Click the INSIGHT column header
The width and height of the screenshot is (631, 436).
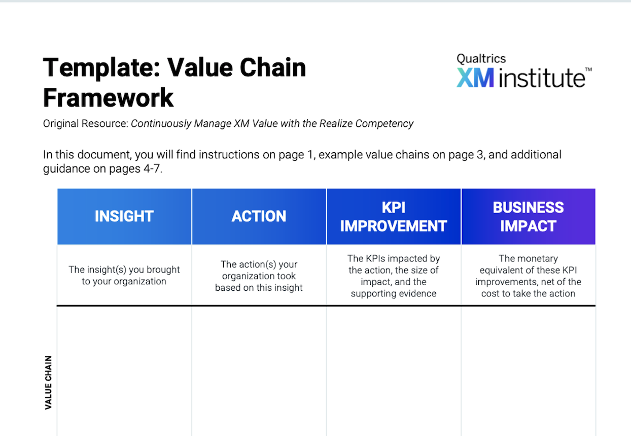[x=124, y=216]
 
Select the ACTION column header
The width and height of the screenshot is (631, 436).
[x=259, y=216]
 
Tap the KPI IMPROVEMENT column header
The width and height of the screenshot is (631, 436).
[x=394, y=216]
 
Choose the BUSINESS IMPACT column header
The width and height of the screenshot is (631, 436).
[x=529, y=216]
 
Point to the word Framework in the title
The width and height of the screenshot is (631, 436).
[x=108, y=97]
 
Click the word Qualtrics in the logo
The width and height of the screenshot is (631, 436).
[x=481, y=58]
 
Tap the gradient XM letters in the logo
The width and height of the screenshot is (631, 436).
[x=475, y=78]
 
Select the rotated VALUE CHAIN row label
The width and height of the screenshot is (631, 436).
[x=49, y=382]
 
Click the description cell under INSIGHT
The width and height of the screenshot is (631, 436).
[x=124, y=275]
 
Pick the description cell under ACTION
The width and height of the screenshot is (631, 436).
[x=259, y=275]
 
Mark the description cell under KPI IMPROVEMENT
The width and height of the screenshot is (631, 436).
[x=394, y=275]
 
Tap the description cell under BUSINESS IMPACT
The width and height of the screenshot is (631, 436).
[x=529, y=275]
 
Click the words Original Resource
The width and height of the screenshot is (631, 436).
[x=86, y=123]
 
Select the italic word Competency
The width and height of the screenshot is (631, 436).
[x=384, y=124]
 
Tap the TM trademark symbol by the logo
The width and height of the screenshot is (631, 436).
[x=588, y=69]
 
